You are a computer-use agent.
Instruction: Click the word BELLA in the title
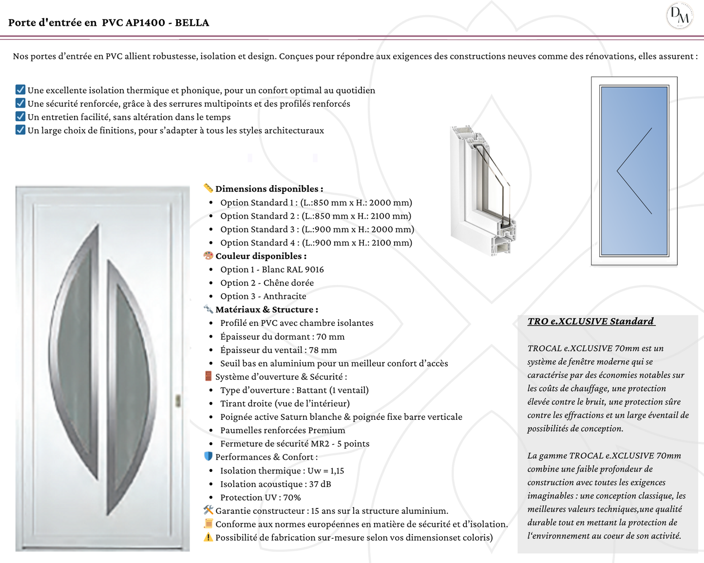click(x=192, y=22)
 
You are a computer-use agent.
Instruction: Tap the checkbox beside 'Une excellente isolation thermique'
click(x=20, y=90)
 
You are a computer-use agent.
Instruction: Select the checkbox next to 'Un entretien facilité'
click(x=20, y=116)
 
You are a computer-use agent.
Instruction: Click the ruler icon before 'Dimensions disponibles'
click(x=208, y=188)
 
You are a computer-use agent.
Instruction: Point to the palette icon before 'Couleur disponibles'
click(x=208, y=255)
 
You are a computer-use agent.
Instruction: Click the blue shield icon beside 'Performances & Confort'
click(x=208, y=456)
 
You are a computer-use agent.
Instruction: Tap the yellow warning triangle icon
click(x=208, y=537)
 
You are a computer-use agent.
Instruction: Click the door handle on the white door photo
click(x=178, y=400)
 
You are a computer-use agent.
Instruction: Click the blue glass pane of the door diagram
click(x=634, y=170)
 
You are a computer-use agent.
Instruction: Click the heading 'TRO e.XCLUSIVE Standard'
click(x=590, y=321)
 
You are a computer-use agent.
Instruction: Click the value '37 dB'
click(x=320, y=484)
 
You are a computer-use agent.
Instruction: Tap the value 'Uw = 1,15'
click(x=326, y=470)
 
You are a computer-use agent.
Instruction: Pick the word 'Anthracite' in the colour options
click(x=285, y=296)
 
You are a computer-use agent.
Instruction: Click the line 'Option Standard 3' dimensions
click(x=317, y=229)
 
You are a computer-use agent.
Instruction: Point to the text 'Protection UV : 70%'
click(x=260, y=497)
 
